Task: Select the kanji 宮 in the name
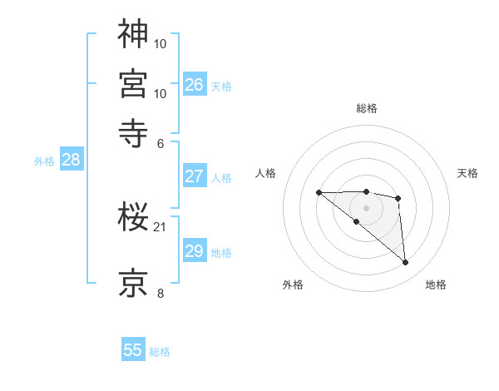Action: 133,84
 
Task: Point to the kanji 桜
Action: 133,219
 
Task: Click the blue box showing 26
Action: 194,84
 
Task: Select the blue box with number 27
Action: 194,176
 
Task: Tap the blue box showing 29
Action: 194,251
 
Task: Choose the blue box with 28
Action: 71,161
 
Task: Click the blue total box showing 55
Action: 133,350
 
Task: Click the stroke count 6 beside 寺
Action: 161,142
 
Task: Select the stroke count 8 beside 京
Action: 161,293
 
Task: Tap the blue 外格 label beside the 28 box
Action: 44,161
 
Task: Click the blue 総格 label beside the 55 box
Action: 160,352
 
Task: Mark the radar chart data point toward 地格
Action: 406,263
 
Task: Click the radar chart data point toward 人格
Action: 319,193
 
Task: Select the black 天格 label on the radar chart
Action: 467,173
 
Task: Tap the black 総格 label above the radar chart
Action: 367,108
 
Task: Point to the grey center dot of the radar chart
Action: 367,207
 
